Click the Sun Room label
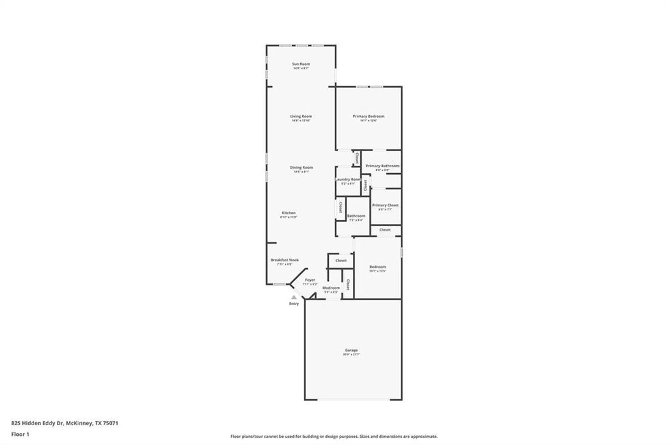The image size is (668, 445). click(x=301, y=64)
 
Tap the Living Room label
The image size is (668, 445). click(x=301, y=116)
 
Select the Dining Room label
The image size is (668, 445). click(x=301, y=167)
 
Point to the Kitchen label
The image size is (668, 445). click(x=289, y=213)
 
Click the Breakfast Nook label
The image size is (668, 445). click(x=285, y=260)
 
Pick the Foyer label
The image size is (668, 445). click(x=310, y=280)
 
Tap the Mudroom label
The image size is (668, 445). click(x=331, y=288)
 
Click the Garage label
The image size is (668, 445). click(x=351, y=350)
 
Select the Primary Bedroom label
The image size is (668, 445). click(x=368, y=116)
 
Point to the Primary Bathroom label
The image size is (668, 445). click(x=382, y=166)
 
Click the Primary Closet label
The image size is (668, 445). click(x=385, y=205)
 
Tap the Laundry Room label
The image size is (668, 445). click(x=348, y=179)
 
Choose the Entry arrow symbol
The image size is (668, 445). click(x=294, y=297)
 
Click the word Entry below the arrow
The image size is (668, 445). click(x=294, y=304)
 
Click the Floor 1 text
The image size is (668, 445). click(x=20, y=434)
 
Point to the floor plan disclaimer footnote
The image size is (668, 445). click(x=334, y=436)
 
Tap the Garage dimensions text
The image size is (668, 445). click(x=351, y=354)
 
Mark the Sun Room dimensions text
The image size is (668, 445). click(x=301, y=68)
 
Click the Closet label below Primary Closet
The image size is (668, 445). click(x=385, y=230)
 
